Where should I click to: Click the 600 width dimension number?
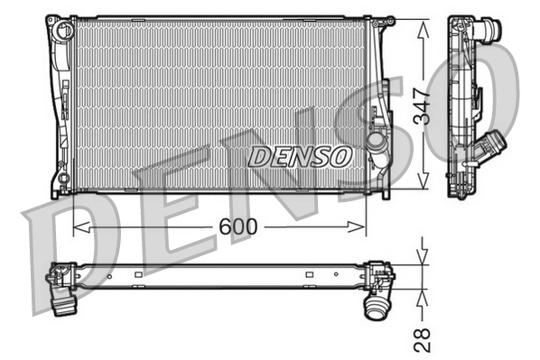click(x=237, y=226)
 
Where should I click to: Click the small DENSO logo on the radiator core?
click(x=299, y=156)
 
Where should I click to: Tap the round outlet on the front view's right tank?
click(x=377, y=145)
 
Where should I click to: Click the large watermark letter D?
click(x=59, y=248)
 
